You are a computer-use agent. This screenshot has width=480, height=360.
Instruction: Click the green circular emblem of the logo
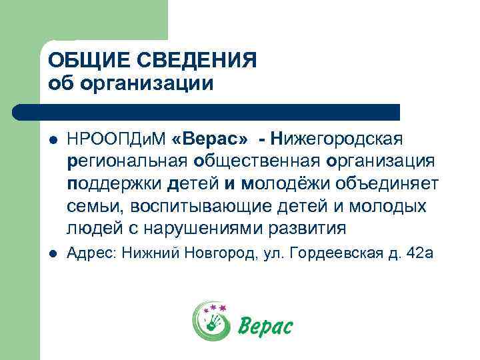pyautogui.click(x=211, y=321)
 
